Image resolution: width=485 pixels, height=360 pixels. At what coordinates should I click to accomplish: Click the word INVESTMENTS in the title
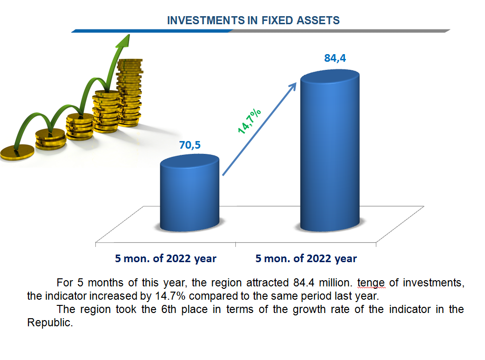point(205,20)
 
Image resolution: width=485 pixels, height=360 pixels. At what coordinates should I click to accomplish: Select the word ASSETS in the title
point(318,20)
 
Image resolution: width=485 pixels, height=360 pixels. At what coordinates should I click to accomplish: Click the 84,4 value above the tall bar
point(335,58)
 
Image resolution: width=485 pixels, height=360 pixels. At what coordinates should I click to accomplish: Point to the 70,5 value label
point(190,145)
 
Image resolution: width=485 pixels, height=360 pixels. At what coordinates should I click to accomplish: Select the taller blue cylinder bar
point(330,151)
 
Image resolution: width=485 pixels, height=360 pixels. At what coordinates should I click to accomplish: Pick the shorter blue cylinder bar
point(190,192)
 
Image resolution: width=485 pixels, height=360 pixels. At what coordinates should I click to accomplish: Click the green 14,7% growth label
point(249,121)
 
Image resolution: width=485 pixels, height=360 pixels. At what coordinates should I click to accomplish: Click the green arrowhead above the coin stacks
point(125,41)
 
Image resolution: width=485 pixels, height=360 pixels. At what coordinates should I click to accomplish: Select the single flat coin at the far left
point(17,152)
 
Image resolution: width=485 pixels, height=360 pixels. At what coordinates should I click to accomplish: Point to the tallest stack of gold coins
point(130,93)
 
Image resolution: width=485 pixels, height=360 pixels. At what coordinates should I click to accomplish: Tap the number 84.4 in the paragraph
point(304,283)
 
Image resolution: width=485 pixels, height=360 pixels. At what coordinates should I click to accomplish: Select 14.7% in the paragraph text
point(170,296)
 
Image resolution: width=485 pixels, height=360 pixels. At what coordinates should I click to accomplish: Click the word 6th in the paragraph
point(168,309)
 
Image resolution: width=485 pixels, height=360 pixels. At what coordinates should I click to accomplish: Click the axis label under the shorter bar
point(166,258)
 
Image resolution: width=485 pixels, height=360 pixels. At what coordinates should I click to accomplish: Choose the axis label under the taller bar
point(306,258)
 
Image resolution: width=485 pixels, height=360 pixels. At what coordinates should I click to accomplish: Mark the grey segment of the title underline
point(340,31)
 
